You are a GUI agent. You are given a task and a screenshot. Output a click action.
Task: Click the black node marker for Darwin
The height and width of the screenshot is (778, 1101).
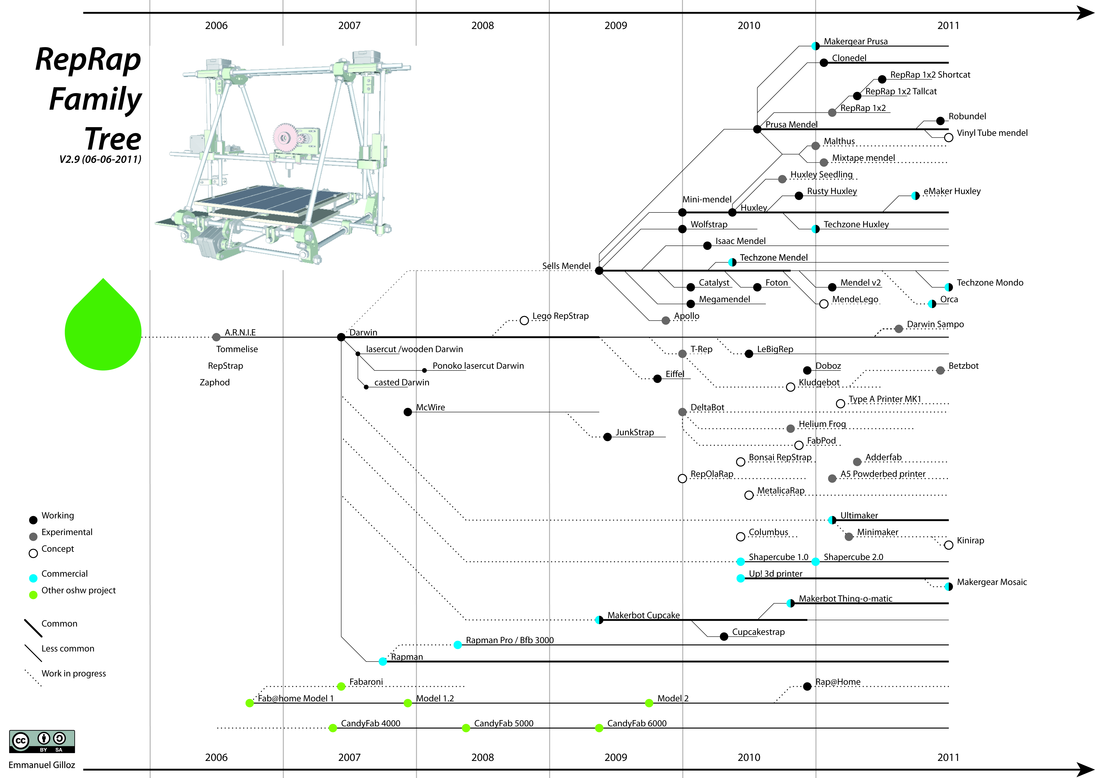341,337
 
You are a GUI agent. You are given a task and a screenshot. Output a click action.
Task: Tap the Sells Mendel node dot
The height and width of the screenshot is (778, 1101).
599,271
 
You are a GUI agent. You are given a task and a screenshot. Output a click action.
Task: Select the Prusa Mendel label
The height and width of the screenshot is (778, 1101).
791,125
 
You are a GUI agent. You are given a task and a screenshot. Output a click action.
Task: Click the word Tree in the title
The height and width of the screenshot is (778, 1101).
113,139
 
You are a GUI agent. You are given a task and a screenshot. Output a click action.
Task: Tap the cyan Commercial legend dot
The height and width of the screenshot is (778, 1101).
33,578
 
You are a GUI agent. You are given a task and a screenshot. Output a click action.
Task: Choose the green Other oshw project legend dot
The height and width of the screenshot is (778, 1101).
33,595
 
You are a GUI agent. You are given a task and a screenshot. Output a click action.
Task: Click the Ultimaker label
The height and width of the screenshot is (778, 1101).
859,515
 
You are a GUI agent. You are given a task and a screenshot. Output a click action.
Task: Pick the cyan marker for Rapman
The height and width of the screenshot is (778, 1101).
383,662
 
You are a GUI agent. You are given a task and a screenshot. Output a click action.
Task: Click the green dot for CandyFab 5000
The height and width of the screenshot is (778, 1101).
466,728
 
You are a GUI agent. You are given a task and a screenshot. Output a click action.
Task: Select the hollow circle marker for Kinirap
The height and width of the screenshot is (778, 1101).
949,545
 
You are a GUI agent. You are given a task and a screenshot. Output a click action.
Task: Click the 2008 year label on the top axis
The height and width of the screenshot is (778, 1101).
482,25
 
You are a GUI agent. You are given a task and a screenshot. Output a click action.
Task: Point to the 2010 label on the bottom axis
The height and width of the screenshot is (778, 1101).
749,757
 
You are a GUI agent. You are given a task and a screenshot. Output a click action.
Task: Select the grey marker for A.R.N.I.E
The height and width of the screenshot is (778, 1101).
216,337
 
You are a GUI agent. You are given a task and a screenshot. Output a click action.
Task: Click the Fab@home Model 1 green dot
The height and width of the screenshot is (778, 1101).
249,703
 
